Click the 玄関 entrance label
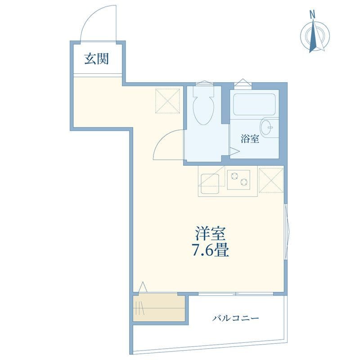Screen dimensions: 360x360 [96, 59]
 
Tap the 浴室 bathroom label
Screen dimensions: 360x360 [250, 139]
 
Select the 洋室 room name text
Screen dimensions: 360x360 [210, 233]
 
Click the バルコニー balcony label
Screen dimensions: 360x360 [235, 318]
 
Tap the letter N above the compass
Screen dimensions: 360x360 [312, 15]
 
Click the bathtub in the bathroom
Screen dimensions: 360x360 [254, 104]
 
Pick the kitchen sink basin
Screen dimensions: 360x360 [210, 184]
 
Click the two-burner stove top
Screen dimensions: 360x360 [238, 180]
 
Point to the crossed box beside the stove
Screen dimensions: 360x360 [271, 180]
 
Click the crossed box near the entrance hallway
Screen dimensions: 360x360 [167, 101]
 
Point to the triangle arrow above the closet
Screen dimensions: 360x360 [143, 287]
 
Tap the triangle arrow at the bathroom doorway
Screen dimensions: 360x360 [234, 151]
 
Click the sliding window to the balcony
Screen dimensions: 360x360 [236, 294]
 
